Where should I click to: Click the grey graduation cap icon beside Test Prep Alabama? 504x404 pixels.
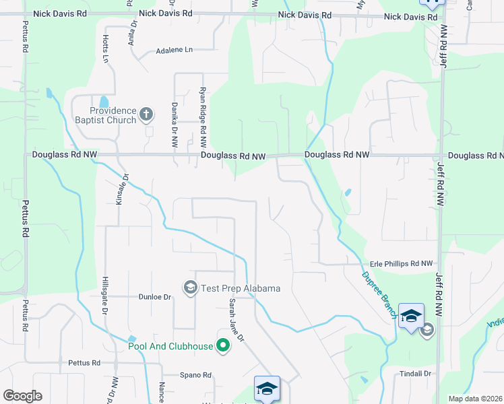191,288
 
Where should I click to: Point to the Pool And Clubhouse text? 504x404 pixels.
171,347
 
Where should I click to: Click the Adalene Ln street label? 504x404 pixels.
174,50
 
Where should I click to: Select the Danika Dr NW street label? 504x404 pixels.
174,125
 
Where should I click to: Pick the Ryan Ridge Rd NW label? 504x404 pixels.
202,117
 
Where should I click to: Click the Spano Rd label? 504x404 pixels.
195,375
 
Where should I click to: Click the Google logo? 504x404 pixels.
22,396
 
